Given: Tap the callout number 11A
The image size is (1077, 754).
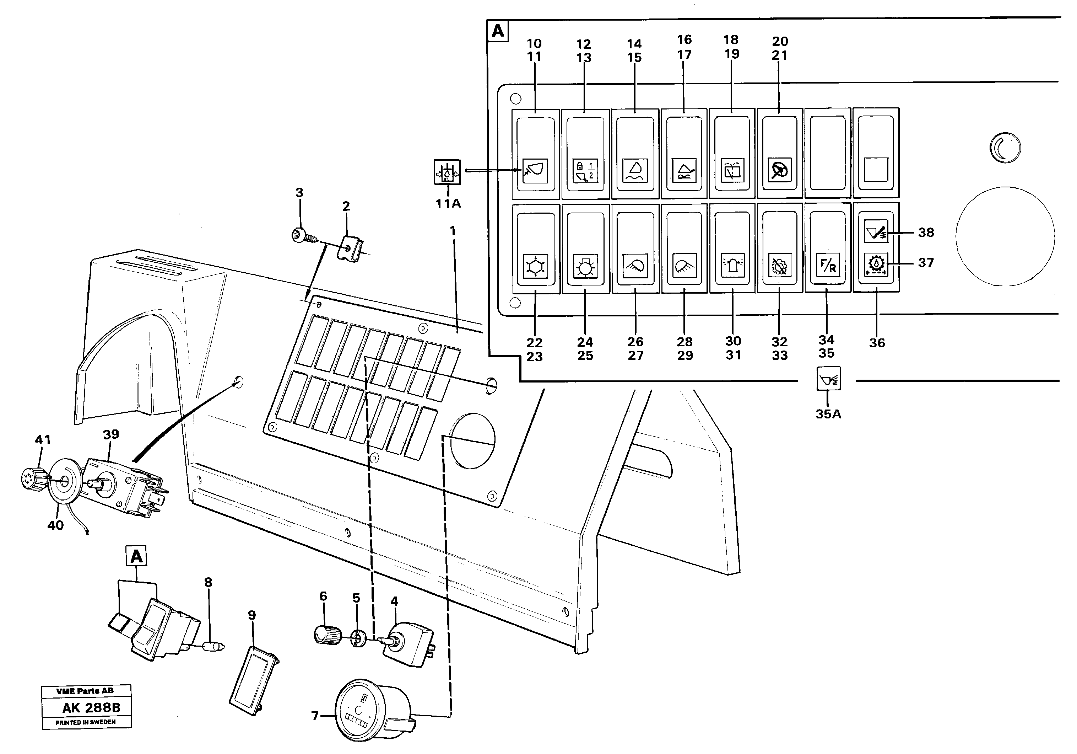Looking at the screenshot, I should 448,204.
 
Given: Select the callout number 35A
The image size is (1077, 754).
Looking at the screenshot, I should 828,414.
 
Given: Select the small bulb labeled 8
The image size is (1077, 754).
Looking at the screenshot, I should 213,647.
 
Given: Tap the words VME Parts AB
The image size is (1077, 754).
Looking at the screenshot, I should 85,691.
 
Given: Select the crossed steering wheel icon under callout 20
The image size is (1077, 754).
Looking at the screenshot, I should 779,170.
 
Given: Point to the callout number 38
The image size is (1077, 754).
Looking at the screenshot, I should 926,232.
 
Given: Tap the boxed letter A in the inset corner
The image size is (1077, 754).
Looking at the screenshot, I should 498,31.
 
